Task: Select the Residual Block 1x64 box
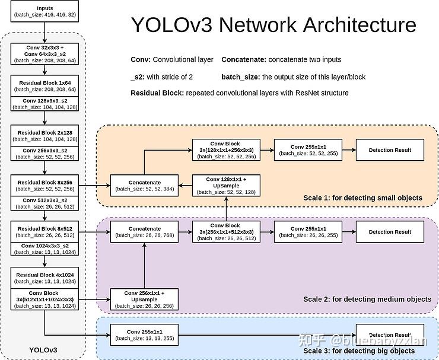pos(45,85)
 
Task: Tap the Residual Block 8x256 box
pos(45,184)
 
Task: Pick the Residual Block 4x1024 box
pos(45,278)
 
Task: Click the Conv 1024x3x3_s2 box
pos(45,249)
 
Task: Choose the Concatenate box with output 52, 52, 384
pos(144,185)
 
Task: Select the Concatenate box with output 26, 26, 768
pos(144,231)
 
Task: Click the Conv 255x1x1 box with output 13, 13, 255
pos(144,334)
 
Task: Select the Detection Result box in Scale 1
pos(390,150)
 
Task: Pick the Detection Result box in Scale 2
pos(390,231)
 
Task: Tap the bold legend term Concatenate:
pos(243,60)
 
